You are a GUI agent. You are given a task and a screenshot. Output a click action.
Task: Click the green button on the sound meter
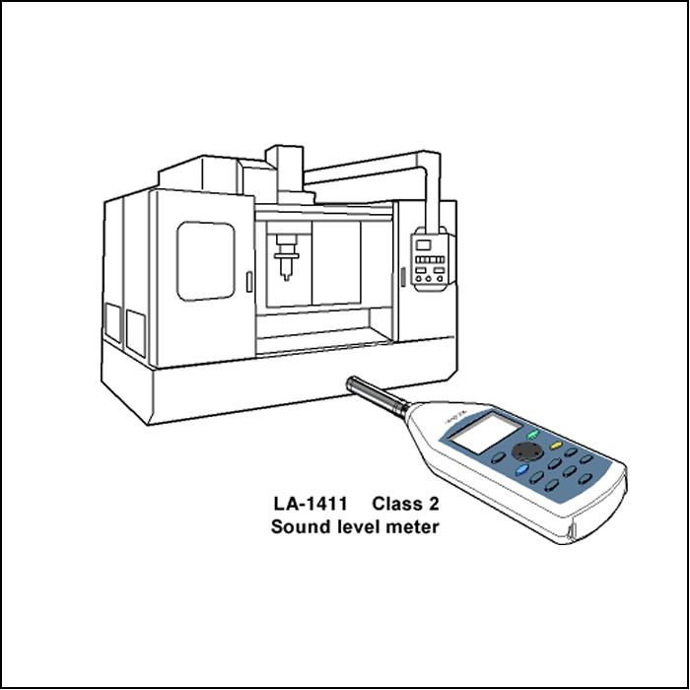click(x=533, y=435)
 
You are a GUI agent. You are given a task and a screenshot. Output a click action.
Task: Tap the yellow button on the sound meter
click(x=556, y=446)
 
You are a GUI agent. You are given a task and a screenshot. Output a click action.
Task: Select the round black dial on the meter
click(x=526, y=451)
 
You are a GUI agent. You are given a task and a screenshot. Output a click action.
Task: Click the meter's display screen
click(x=486, y=432)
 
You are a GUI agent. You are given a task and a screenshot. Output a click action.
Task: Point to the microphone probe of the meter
click(x=378, y=395)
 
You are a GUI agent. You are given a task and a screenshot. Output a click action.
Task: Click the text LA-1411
click(x=310, y=504)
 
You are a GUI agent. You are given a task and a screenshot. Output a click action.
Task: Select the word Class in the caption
click(x=394, y=504)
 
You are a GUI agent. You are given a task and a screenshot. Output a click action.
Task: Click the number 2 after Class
click(x=433, y=504)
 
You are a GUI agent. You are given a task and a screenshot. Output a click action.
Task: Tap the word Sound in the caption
click(x=301, y=526)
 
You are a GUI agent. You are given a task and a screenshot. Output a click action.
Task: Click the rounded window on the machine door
click(x=205, y=261)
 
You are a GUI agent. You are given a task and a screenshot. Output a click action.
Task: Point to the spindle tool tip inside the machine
click(x=287, y=277)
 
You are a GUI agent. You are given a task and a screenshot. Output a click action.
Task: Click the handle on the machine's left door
click(x=249, y=282)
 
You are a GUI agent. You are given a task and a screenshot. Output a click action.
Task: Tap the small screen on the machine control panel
click(x=424, y=244)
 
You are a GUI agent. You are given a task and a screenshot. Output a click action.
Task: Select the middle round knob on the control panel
click(x=429, y=279)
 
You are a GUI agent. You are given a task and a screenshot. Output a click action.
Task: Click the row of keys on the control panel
click(x=430, y=259)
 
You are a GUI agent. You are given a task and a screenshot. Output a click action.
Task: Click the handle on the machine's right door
click(x=402, y=277)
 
